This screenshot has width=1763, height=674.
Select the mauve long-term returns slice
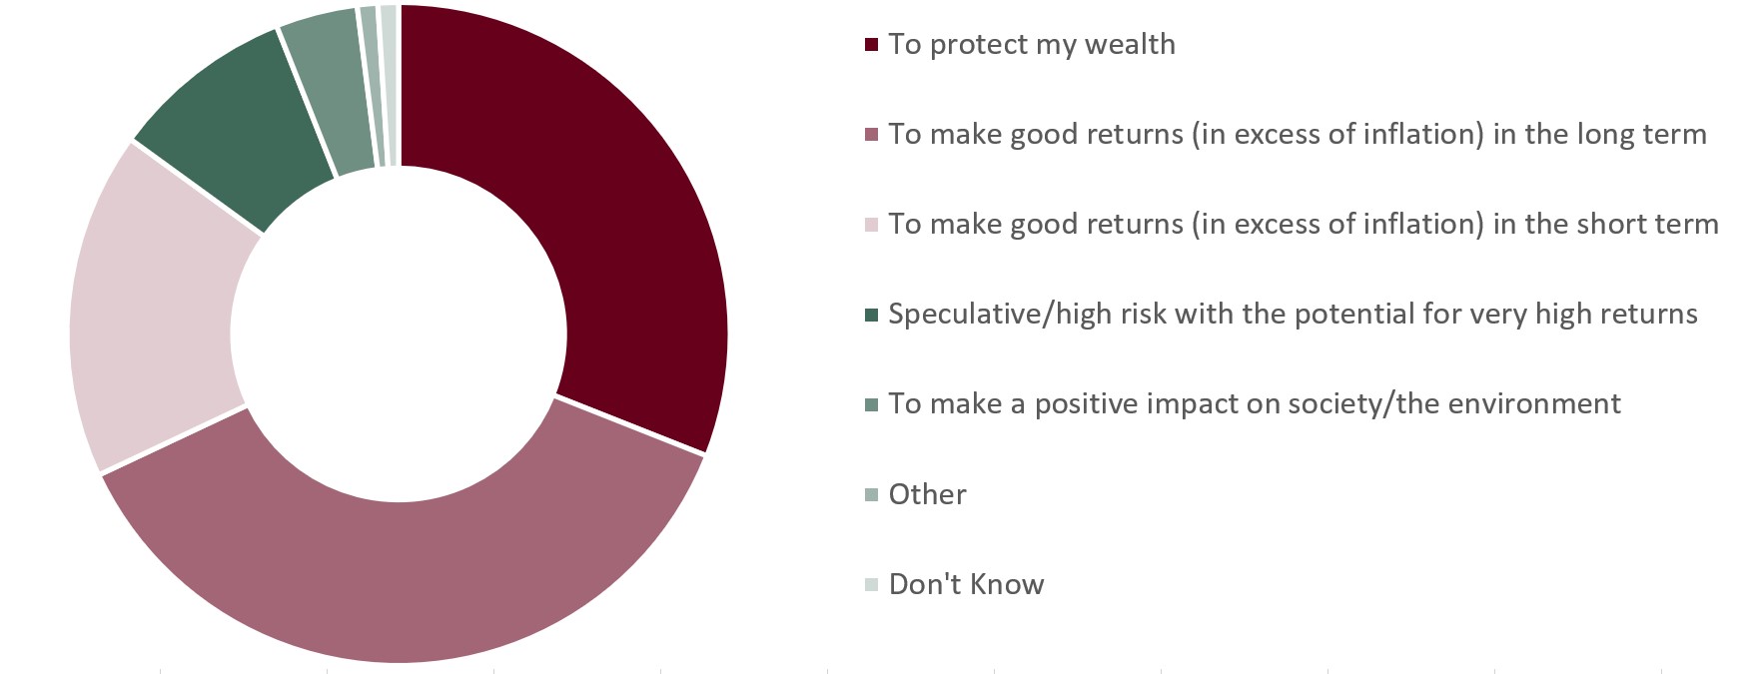click(x=400, y=579)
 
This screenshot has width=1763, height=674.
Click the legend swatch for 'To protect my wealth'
click(x=871, y=45)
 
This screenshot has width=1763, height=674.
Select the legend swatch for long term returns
click(x=871, y=135)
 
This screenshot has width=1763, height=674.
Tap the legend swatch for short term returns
click(x=871, y=225)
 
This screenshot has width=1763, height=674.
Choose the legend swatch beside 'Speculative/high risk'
click(x=871, y=315)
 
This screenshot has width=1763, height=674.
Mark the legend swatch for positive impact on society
click(x=871, y=404)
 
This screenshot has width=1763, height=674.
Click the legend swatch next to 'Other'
click(x=871, y=495)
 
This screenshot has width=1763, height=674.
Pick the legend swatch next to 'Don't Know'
click(x=871, y=585)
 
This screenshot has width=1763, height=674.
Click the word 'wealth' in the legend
click(x=1131, y=44)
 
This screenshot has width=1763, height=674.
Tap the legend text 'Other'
click(x=927, y=494)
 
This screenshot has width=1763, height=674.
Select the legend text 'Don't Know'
click(x=966, y=584)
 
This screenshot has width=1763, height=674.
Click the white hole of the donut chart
click(x=400, y=334)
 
